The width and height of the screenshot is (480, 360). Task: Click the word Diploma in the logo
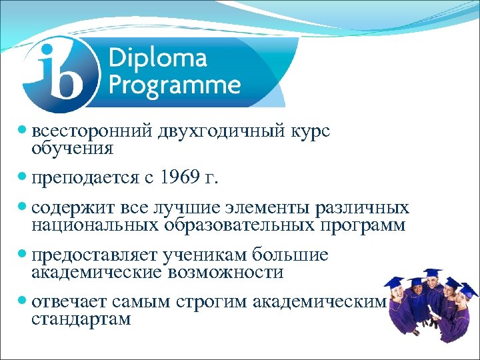click(157, 59)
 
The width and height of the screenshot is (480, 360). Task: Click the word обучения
click(72, 148)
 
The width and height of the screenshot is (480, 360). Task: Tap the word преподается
click(83, 179)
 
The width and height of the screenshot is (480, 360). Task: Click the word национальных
click(93, 225)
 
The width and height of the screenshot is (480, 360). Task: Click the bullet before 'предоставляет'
click(24, 256)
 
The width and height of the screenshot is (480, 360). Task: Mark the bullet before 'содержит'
click(24, 209)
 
